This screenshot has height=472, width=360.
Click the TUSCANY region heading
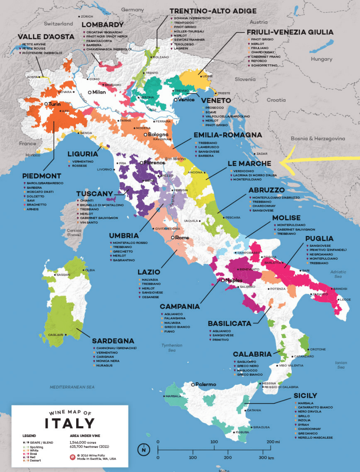click(x=94, y=194)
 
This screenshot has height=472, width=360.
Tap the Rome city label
click(x=181, y=237)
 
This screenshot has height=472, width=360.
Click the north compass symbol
click(x=144, y=450)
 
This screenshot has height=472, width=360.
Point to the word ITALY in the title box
click(x=70, y=423)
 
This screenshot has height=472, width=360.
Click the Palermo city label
click(x=205, y=384)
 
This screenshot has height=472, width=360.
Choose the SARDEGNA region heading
click(x=113, y=341)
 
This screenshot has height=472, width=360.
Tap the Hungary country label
click(x=321, y=59)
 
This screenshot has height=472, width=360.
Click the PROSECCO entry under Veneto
click(x=214, y=108)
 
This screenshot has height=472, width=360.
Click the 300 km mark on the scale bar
click(x=266, y=457)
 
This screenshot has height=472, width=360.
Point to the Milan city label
click(x=99, y=92)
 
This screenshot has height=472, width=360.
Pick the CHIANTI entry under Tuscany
click(x=87, y=201)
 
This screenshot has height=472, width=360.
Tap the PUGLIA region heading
click(x=319, y=239)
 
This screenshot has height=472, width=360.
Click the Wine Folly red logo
click(x=72, y=457)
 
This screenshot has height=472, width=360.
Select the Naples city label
click(x=234, y=280)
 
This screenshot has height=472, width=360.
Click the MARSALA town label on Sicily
click(x=173, y=396)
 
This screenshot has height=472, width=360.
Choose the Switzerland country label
click(x=58, y=24)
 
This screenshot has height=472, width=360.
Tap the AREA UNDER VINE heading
click(x=85, y=436)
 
